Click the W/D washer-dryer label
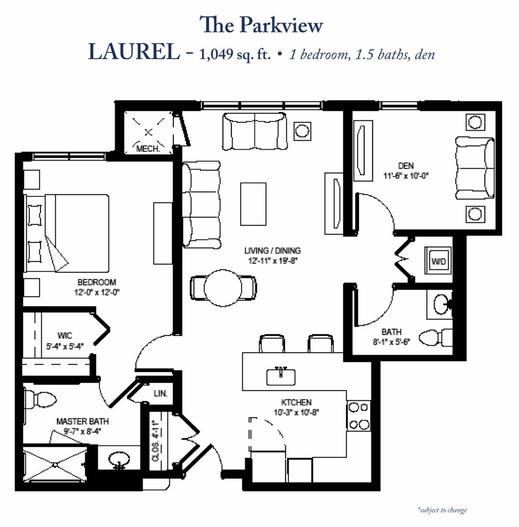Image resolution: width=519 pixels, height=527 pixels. point(438,261)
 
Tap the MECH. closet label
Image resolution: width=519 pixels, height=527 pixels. point(148,149)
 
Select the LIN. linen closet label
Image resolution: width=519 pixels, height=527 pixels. point(160,393)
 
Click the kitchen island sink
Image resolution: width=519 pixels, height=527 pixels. point(281,376)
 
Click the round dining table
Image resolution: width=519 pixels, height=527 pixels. point(223,288)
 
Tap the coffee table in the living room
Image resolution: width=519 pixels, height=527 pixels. point(253,204)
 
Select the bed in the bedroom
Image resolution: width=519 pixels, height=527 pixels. point(67,233)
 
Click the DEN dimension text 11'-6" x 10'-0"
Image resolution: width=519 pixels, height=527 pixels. point(406,176)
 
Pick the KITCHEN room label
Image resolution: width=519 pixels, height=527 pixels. point(296,402)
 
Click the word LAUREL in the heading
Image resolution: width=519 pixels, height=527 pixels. point(134,52)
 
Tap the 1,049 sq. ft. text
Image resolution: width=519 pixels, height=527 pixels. point(235,54)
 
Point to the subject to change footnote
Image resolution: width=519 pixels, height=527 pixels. point(442,510)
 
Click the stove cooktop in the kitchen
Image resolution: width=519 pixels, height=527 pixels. point(359,416)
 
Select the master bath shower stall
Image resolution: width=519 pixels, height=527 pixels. point(55,465)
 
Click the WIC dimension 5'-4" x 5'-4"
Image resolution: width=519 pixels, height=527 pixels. point(65,346)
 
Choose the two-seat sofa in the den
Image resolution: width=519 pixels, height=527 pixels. point(475,167)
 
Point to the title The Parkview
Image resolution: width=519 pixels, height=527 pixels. point(261,25)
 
